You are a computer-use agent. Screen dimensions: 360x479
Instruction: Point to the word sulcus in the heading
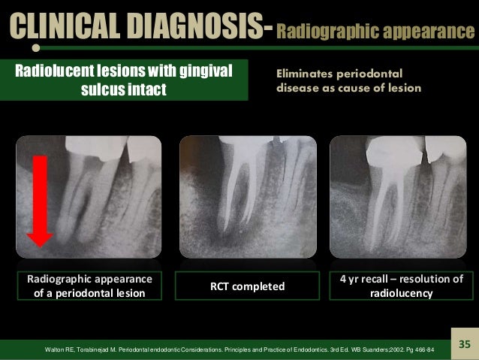tap(112, 89)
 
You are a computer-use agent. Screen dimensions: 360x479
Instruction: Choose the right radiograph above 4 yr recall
tap(402, 197)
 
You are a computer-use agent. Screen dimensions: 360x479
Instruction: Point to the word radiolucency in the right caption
tap(402, 293)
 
